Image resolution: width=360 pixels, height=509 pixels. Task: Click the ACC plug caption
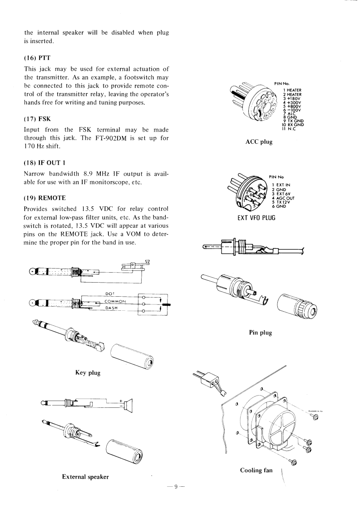pyautogui.click(x=259, y=142)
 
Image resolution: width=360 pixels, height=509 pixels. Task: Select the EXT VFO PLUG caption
pyautogui.click(x=256, y=217)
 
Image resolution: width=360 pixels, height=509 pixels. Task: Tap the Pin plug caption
pyautogui.click(x=260, y=333)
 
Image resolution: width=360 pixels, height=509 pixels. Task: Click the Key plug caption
pyautogui.click(x=88, y=372)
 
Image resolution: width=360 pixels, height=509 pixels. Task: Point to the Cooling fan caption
pyautogui.click(x=256, y=470)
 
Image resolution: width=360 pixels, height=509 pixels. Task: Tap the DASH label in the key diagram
pyautogui.click(x=111, y=308)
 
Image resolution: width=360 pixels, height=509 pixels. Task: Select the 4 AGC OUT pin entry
pyautogui.click(x=283, y=198)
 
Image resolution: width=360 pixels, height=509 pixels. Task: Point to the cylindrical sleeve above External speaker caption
pyautogui.click(x=124, y=450)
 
